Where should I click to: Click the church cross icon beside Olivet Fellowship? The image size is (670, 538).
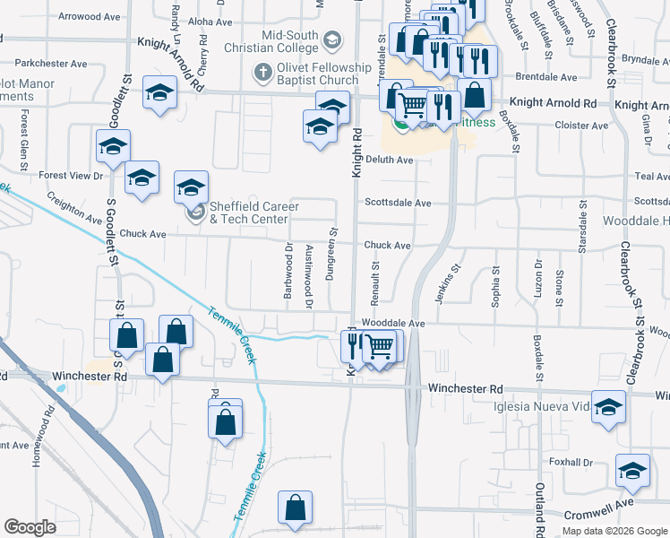(262, 71)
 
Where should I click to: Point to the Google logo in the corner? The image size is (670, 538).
(30, 527)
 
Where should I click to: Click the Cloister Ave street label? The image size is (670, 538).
(582, 126)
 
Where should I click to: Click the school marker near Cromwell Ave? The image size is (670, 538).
(632, 471)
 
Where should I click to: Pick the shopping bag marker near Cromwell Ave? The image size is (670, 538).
(294, 508)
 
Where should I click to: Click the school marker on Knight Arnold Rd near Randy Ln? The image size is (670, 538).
(159, 94)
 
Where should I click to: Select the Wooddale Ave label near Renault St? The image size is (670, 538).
(392, 323)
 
